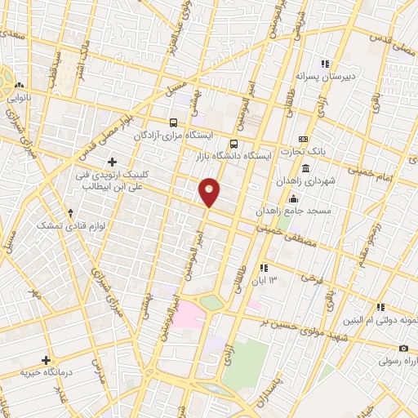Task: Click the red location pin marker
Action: (210, 192)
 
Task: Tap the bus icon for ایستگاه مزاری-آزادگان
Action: (172, 122)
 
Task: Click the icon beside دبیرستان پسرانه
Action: (324, 64)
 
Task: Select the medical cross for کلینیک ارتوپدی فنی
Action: (112, 162)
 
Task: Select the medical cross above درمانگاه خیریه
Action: (47, 359)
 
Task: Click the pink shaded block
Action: (190, 312)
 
